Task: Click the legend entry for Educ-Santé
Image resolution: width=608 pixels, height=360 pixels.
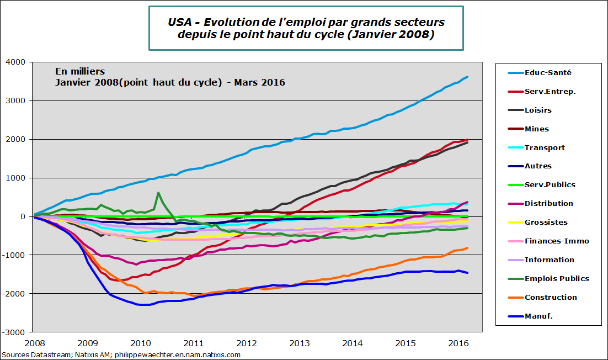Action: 548,72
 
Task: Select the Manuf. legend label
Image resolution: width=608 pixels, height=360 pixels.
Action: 538,316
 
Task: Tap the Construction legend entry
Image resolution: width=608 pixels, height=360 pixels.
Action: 551,297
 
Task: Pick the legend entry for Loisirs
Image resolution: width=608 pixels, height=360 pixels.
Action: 538,110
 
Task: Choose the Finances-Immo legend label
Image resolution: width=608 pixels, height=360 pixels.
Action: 557,241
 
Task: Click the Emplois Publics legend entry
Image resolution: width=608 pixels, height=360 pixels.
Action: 557,278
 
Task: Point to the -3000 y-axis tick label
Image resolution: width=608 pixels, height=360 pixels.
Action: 15,332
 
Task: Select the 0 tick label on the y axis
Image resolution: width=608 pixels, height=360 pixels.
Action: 23,216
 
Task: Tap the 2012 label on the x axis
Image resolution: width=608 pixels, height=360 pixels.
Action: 247,343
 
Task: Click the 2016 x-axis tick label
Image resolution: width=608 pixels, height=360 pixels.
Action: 458,343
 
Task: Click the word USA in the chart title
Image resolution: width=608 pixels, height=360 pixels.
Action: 180,22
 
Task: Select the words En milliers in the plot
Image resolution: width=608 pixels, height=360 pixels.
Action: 79,71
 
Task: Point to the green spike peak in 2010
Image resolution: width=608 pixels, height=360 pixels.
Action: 158,193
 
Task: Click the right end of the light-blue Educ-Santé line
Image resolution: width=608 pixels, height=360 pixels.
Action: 468,77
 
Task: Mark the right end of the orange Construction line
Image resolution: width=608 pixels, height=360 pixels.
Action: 468,248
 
